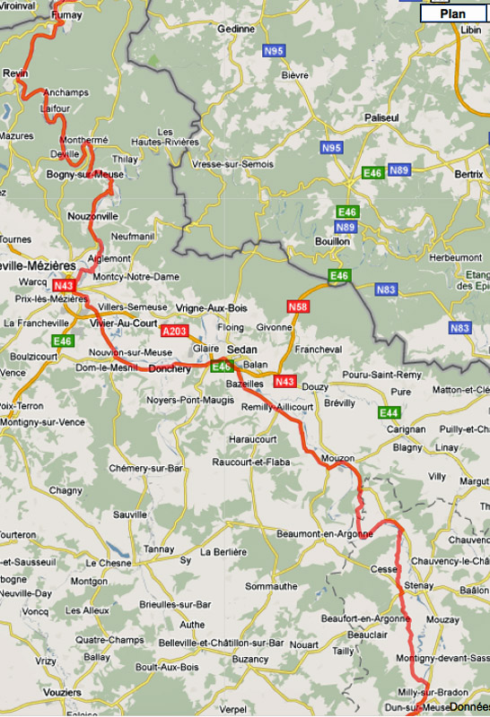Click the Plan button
coord(453,14)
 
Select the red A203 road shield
coord(174,331)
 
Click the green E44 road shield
coord(389,412)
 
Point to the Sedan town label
coord(241,350)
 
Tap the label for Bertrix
coord(468,173)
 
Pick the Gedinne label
coord(236,29)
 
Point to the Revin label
coord(16,72)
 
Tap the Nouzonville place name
coord(92,216)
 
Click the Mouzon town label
coord(337,458)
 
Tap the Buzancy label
coord(250,659)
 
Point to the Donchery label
coord(169,368)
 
